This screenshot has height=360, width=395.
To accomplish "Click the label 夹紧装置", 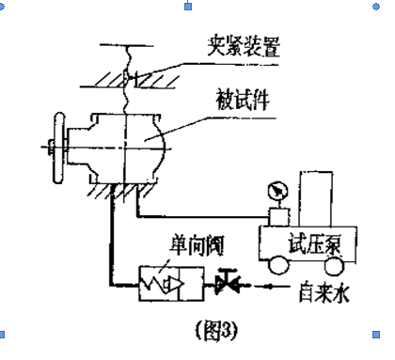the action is tap(244, 47).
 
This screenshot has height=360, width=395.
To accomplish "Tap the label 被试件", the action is tap(243, 100).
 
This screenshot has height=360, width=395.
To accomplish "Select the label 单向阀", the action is tap(197, 245).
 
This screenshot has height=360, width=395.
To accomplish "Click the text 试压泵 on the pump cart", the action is tap(314, 243).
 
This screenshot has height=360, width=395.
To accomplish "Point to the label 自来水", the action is tap(324, 292).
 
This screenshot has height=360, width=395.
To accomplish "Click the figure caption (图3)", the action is tap(217, 330).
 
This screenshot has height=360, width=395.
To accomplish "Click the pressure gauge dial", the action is tap(277, 191).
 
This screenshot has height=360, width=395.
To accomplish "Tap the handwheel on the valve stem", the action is tap(59, 148).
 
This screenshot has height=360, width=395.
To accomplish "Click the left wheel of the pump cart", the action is tap(278, 265).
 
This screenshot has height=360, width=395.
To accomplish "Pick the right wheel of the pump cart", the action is tap(334, 266).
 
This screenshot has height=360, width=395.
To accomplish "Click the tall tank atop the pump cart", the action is tap(316, 199).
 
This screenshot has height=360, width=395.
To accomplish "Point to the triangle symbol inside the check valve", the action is tap(176, 284).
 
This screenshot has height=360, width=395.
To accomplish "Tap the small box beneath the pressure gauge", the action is tap(278, 217).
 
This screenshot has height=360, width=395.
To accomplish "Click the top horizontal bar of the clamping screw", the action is tap(127, 45).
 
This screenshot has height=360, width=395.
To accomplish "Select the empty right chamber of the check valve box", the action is tap(192, 284).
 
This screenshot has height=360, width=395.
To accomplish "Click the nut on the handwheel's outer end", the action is tap(50, 148).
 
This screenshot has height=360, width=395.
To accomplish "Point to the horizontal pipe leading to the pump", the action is tap(203, 216).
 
